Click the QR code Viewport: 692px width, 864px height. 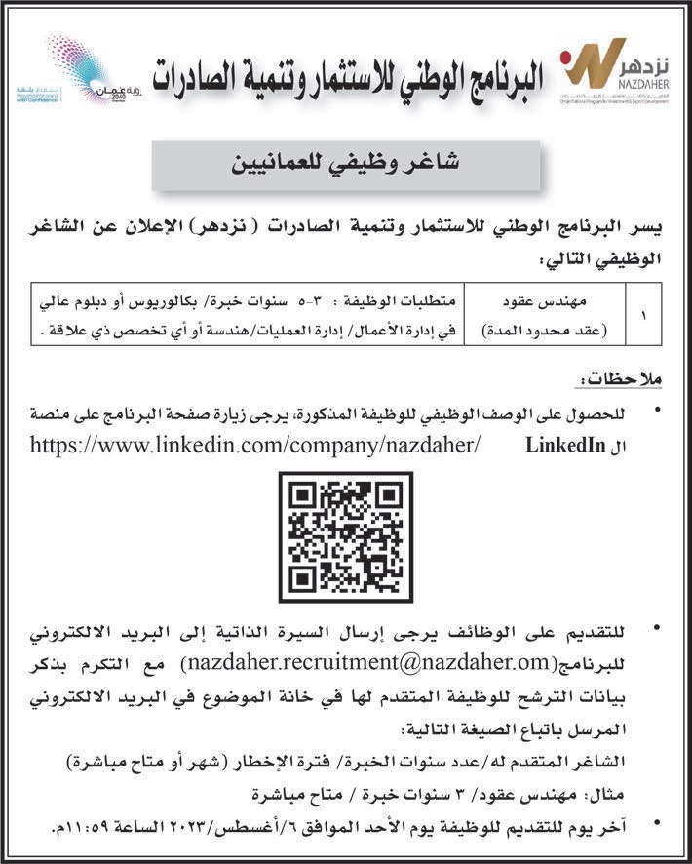click(x=346, y=535)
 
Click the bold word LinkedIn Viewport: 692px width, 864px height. click(x=561, y=446)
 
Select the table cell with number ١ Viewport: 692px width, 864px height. click(x=639, y=315)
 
